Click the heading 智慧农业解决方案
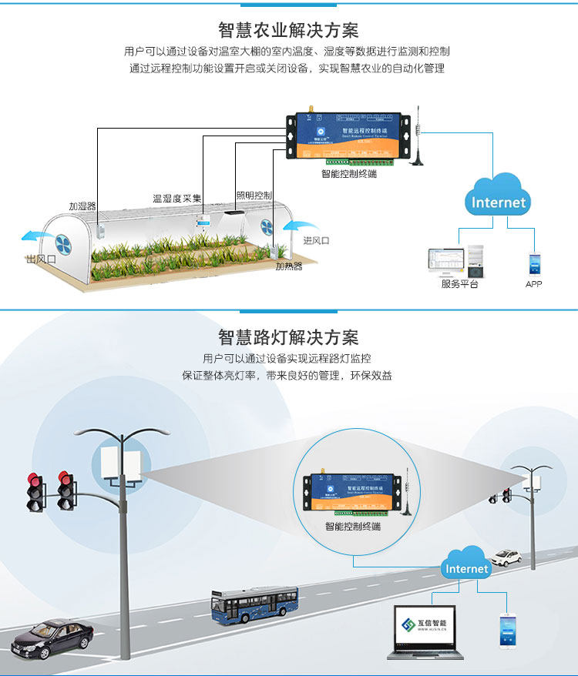coord(288,30)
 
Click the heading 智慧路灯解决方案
coord(288,337)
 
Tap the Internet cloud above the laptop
coord(466,567)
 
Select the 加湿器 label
coord(82,206)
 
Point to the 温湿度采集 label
coord(176,199)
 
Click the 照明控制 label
coord(254,195)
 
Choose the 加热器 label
coord(289,266)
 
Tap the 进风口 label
coord(316,240)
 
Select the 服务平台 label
coord(459,284)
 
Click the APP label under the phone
coord(533,284)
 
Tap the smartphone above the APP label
coord(533,263)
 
